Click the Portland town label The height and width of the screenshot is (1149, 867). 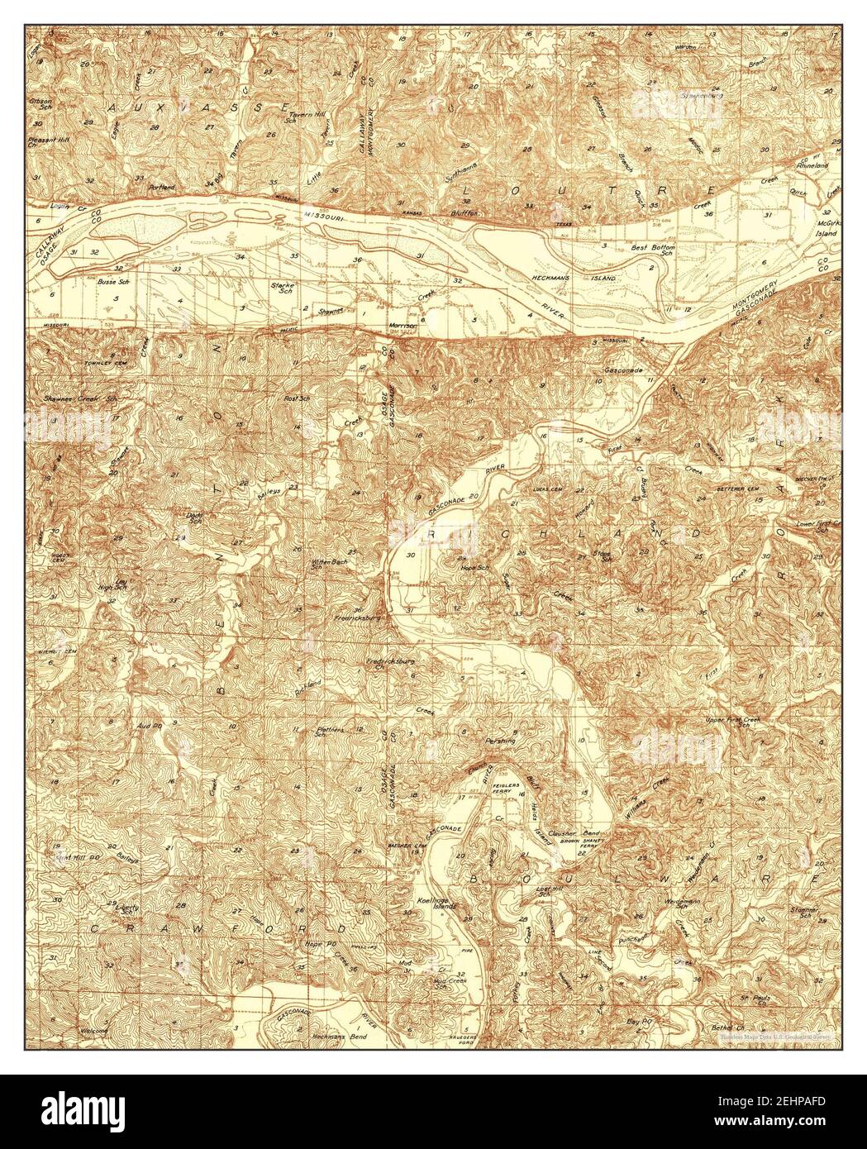(x=162, y=188)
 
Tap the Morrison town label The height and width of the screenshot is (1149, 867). (x=404, y=326)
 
